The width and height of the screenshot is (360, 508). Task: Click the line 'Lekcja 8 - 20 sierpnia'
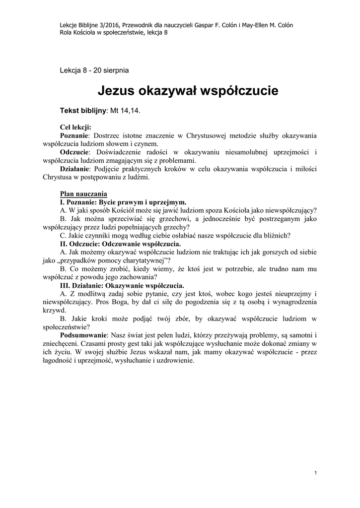coord(94,70)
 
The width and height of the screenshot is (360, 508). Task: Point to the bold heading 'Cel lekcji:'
coord(75,127)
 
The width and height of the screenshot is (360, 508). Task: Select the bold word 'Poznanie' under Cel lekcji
coord(74,135)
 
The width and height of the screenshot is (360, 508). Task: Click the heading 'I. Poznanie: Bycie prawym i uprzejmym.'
coord(123,202)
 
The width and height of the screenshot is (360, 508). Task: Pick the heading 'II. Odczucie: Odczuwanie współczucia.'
coord(121,244)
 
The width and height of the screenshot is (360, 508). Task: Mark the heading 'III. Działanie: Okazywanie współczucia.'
coord(122,286)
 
